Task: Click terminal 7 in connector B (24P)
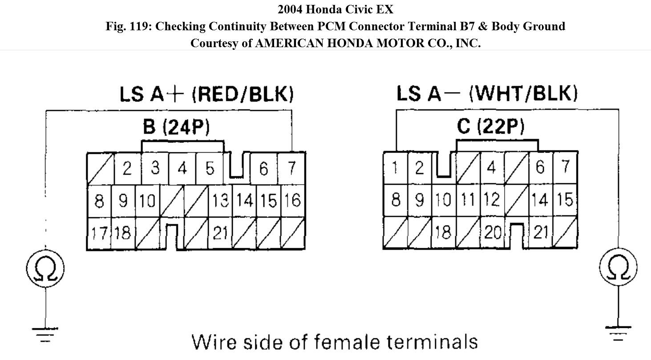point(291,169)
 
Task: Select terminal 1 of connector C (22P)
point(395,168)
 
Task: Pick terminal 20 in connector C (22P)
point(493,232)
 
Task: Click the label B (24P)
point(176,127)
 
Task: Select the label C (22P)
point(490,127)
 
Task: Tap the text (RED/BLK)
point(243,94)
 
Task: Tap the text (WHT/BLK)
point(523,93)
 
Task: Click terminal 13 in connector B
point(219,201)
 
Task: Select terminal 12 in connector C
point(492,200)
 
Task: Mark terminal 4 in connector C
point(491,168)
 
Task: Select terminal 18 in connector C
point(443,232)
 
